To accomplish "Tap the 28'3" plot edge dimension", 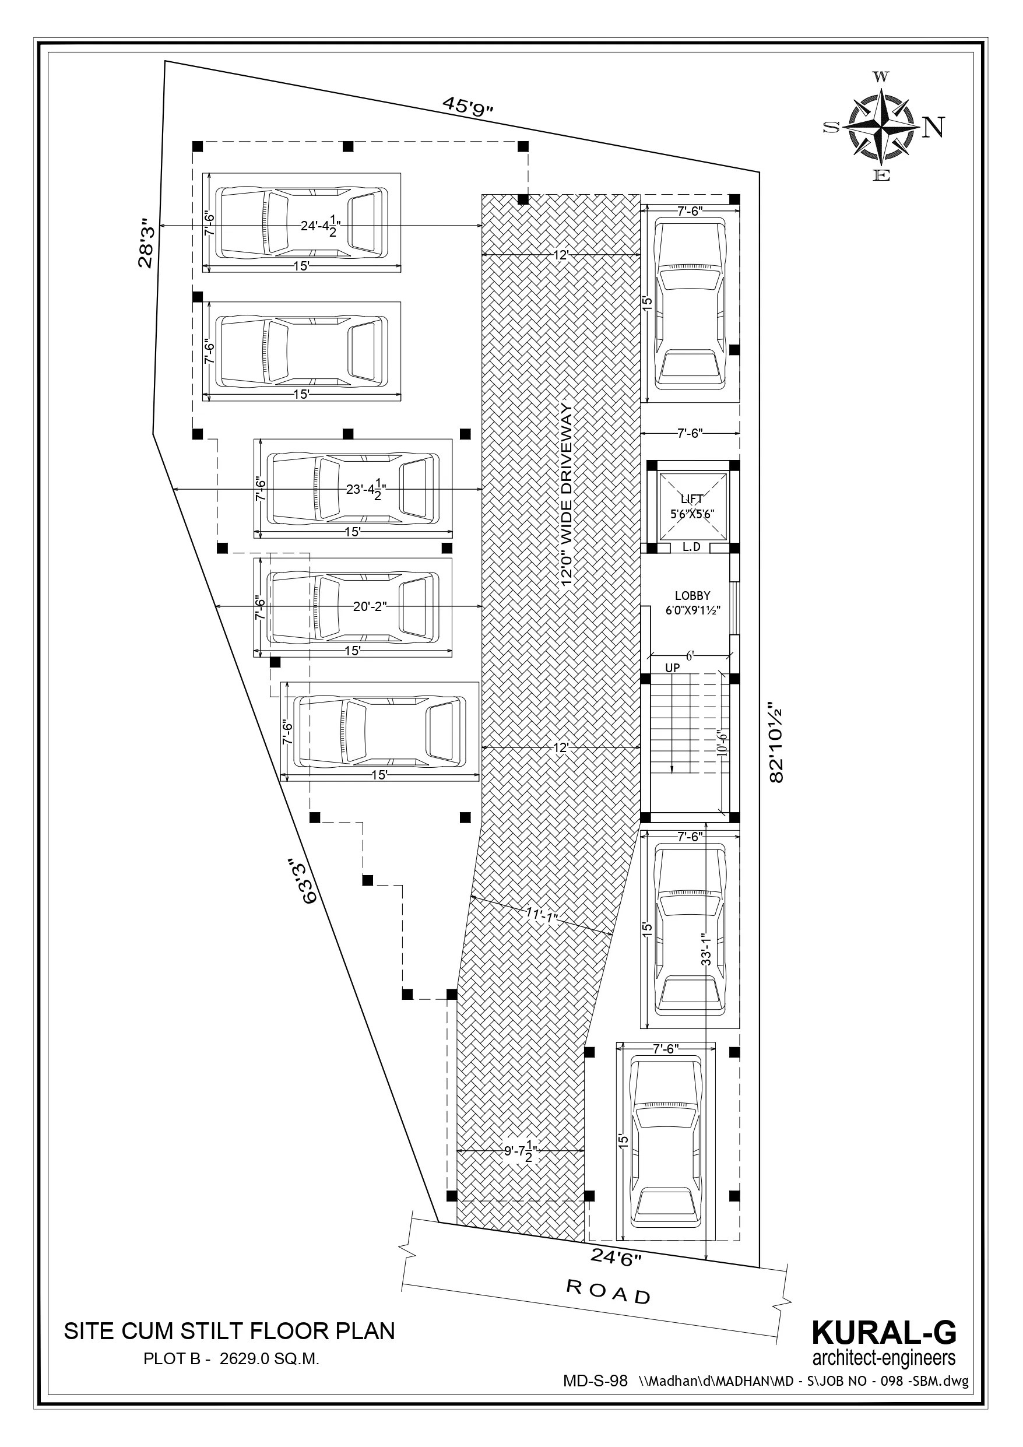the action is pyautogui.click(x=146, y=243).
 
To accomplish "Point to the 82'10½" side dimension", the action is pyautogui.click(x=776, y=743).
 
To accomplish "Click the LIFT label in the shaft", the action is pyautogui.click(x=691, y=499).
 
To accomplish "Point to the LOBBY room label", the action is pyautogui.click(x=692, y=596).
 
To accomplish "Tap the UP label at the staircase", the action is pyautogui.click(x=673, y=668).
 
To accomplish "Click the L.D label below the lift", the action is pyautogui.click(x=691, y=547).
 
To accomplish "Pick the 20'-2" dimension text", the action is pyautogui.click(x=370, y=607).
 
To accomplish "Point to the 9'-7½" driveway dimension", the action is pyautogui.click(x=520, y=1151).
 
